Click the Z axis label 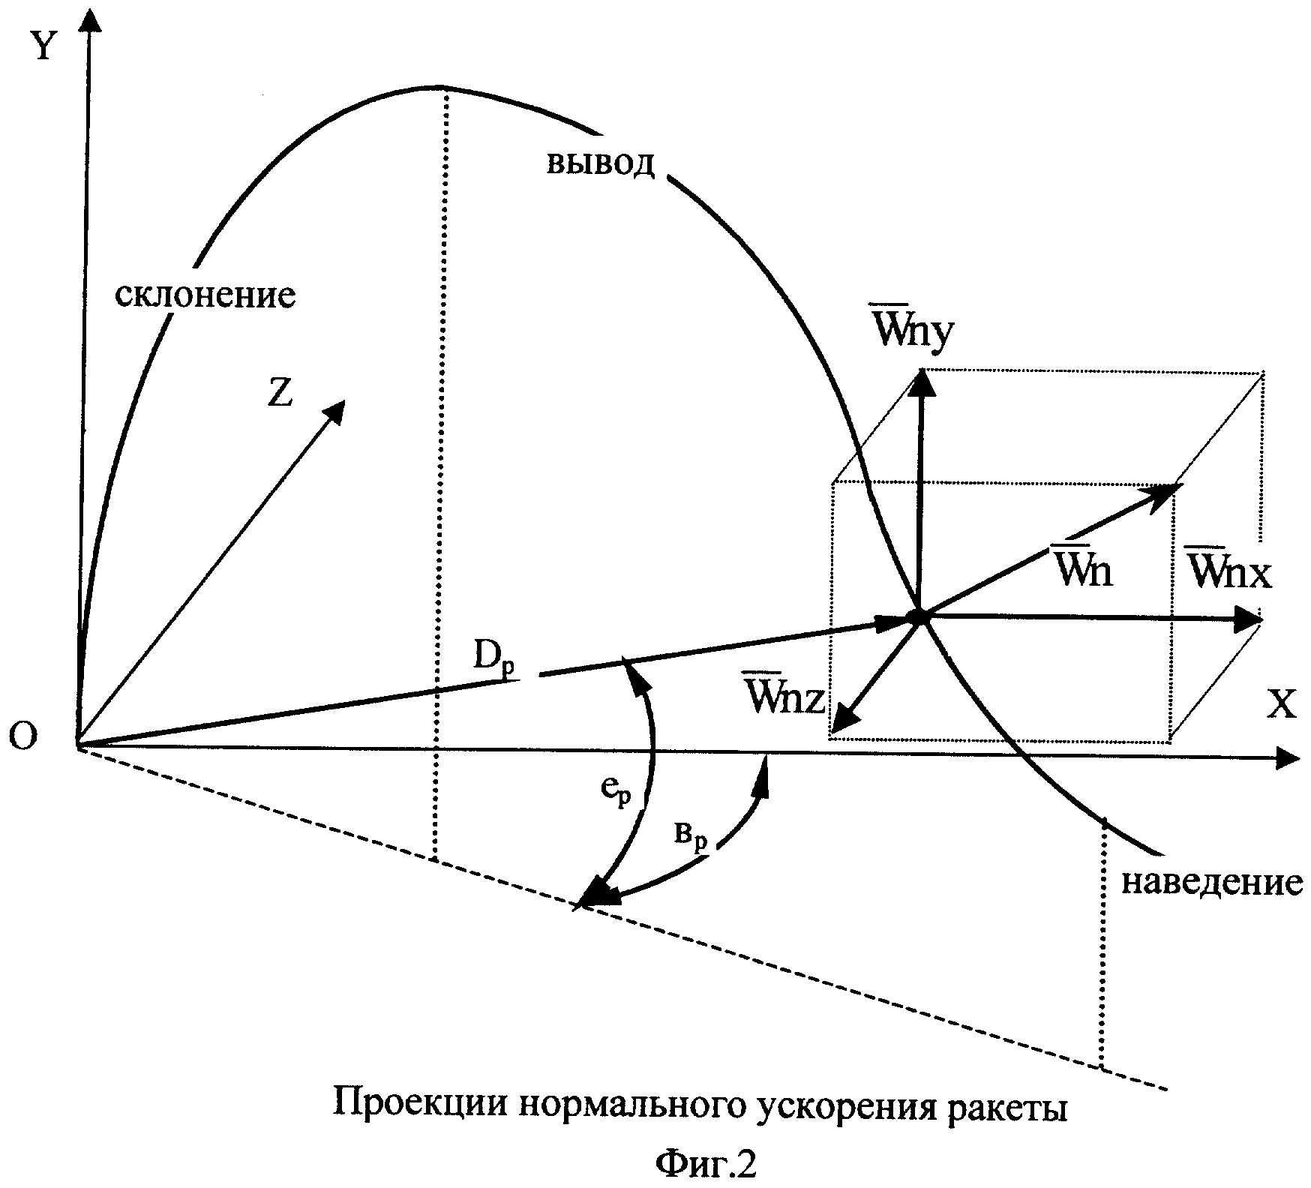point(280,393)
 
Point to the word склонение point(205,295)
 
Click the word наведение point(1211,883)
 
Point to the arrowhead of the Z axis point(334,411)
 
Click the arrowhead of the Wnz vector point(843,721)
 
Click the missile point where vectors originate point(918,616)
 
